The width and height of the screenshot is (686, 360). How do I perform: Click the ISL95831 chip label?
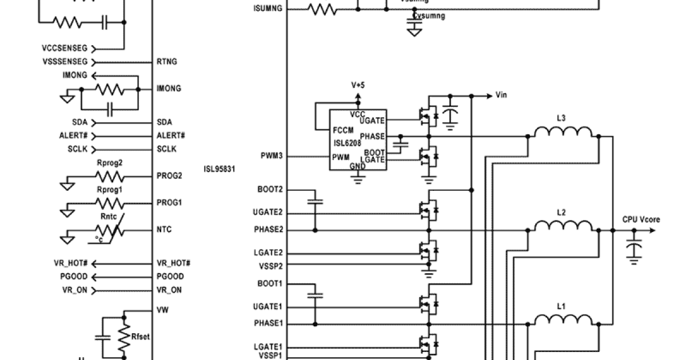[x=220, y=169]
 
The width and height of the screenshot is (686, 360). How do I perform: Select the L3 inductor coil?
[x=563, y=132]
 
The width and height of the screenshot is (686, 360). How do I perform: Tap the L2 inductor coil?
[x=563, y=226]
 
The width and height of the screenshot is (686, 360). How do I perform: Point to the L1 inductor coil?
[x=563, y=320]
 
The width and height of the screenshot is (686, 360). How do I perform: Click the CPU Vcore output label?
[x=641, y=219]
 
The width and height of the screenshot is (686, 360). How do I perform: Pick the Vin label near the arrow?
[x=501, y=95]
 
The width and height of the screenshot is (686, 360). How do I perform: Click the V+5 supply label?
[x=358, y=85]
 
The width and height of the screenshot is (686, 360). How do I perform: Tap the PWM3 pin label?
[x=272, y=156]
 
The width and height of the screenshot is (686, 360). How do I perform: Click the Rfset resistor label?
[x=141, y=337]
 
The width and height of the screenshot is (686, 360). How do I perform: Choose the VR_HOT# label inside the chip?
[x=173, y=263]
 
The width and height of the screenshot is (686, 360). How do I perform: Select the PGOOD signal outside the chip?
[x=74, y=277]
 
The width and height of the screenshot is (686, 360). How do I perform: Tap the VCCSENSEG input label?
[x=65, y=49]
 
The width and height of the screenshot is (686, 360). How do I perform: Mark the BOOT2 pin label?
[x=271, y=189]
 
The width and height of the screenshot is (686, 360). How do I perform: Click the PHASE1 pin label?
[x=268, y=323]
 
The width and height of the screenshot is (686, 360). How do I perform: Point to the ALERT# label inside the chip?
[x=170, y=135]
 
